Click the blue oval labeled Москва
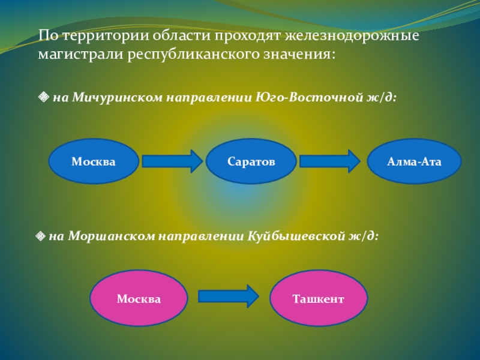tap(93, 161)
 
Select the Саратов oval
tap(251, 161)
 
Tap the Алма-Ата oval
tap(414, 161)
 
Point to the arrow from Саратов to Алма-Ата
tap(329, 161)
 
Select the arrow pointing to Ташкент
tap(228, 296)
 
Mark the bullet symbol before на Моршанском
tap(40, 236)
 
